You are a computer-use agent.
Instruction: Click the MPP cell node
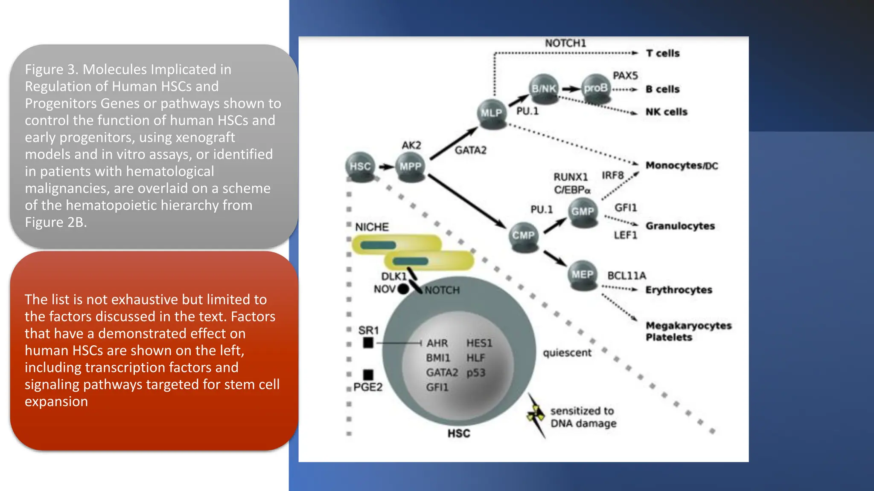[410, 167]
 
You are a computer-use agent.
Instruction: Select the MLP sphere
[491, 113]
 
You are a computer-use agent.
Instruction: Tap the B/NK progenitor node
[543, 89]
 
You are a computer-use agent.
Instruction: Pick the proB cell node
[595, 88]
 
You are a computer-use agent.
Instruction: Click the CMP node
[524, 235]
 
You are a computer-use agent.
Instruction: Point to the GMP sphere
[583, 211]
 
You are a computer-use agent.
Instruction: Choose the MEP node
[583, 275]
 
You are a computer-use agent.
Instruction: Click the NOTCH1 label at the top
[565, 43]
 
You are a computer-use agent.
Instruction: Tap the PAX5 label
[625, 75]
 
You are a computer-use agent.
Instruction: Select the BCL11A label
[626, 276]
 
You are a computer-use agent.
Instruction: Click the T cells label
[662, 53]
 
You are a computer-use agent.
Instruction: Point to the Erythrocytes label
[679, 290]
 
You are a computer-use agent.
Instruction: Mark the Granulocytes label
[680, 226]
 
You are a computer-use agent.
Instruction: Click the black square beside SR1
[368, 343]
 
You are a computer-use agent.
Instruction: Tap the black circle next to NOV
[403, 289]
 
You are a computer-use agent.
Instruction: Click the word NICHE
[372, 227]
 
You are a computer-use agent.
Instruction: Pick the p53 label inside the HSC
[476, 373]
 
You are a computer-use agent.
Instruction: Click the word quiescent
[567, 353]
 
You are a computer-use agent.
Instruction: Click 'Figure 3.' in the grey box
[51, 69]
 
